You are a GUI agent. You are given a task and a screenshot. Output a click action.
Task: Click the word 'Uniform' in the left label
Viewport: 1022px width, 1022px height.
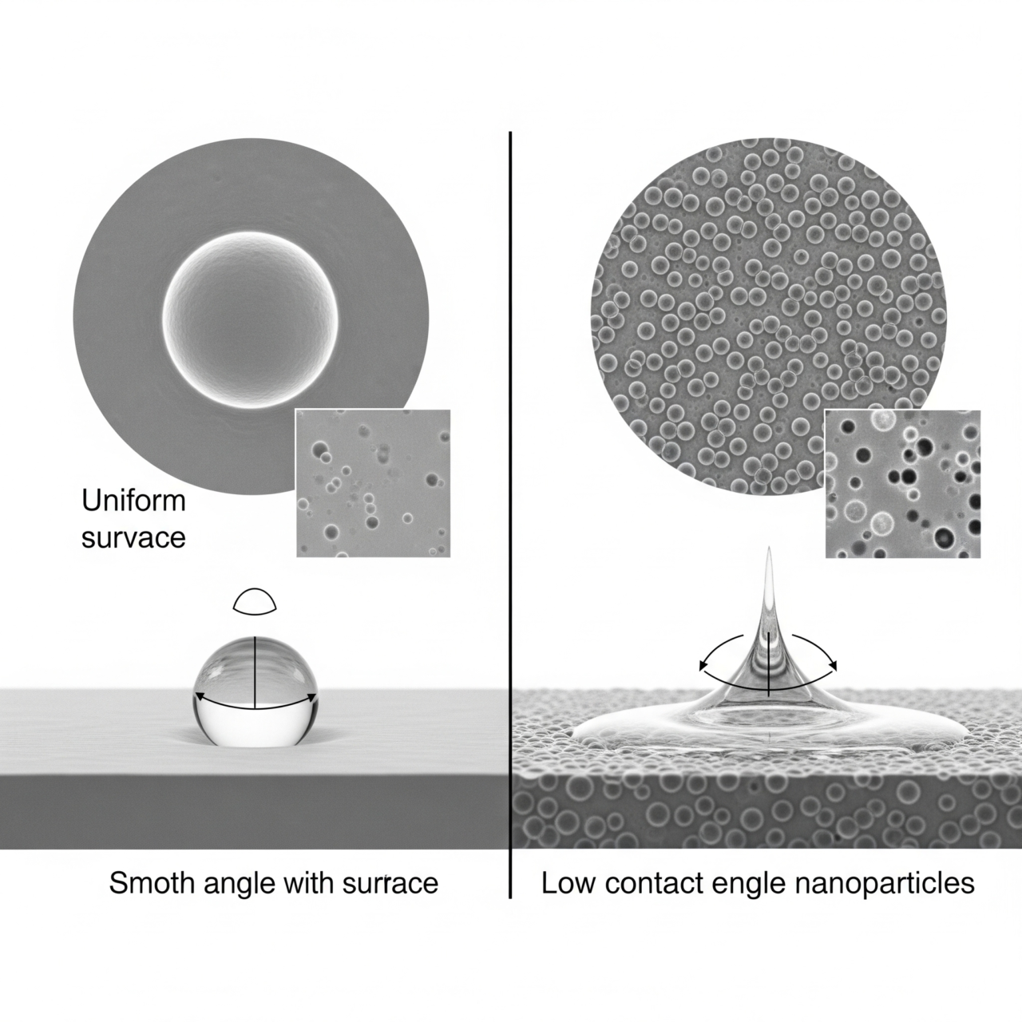pos(133,501)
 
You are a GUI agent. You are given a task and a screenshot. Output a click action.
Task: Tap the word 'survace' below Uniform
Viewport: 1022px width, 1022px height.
pos(133,537)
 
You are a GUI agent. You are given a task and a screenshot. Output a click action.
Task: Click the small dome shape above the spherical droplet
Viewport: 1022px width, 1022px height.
pos(255,601)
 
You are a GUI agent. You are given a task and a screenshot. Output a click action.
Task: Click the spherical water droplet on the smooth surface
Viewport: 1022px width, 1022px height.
pos(255,692)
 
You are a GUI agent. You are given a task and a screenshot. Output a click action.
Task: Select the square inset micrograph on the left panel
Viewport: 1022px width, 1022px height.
pos(373,483)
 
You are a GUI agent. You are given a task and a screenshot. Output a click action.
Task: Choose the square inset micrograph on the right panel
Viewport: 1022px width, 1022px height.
pos(902,483)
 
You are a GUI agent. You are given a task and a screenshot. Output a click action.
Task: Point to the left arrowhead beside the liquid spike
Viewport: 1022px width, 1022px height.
pos(703,664)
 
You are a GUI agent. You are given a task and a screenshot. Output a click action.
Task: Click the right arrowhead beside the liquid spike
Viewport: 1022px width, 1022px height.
pos(834,664)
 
